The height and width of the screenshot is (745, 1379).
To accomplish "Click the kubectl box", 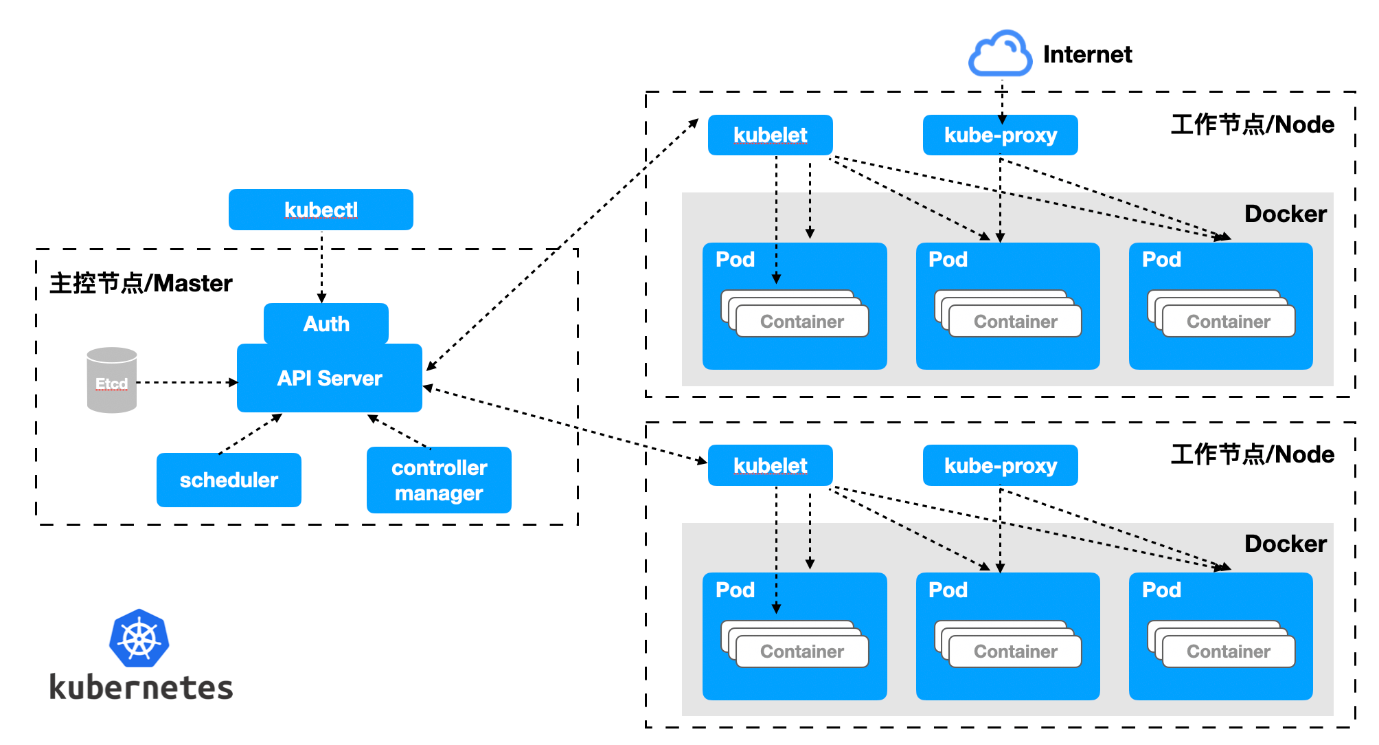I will coord(321,210).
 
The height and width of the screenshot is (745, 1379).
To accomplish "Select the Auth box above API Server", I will coord(326,323).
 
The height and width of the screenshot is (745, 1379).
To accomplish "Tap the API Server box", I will coord(330,378).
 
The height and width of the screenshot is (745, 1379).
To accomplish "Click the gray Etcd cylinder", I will coord(112,380).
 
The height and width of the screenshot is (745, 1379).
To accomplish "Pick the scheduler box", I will coord(229,480).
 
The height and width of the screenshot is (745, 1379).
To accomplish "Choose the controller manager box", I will coord(439,480).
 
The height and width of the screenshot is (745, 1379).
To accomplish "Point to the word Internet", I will coord(1087,54).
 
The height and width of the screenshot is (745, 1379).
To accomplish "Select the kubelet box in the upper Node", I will coord(770,135).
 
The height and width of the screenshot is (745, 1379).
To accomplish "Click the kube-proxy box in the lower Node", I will coord(1000,465).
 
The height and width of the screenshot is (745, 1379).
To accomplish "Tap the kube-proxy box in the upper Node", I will coord(1000,135).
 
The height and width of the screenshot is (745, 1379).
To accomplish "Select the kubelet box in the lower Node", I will coord(770,465).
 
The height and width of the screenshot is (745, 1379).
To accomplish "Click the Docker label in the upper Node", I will coord(1285,214).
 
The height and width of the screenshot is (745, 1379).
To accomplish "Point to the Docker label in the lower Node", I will coord(1285,544).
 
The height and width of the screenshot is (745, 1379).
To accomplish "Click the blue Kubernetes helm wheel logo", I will coord(139,638).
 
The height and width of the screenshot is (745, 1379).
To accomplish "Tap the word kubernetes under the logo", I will coord(141,687).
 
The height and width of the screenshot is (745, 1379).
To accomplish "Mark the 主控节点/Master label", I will coord(141,283).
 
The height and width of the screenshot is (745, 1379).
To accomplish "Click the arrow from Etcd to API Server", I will coord(185,382).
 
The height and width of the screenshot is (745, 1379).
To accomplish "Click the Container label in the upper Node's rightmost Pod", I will coord(1228,322).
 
